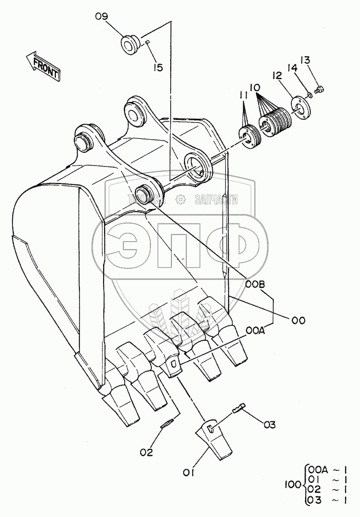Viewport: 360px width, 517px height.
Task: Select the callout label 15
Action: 157,67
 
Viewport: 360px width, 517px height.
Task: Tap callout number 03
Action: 270,425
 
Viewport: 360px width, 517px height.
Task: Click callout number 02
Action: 147,451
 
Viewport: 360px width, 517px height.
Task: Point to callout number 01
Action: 189,474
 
